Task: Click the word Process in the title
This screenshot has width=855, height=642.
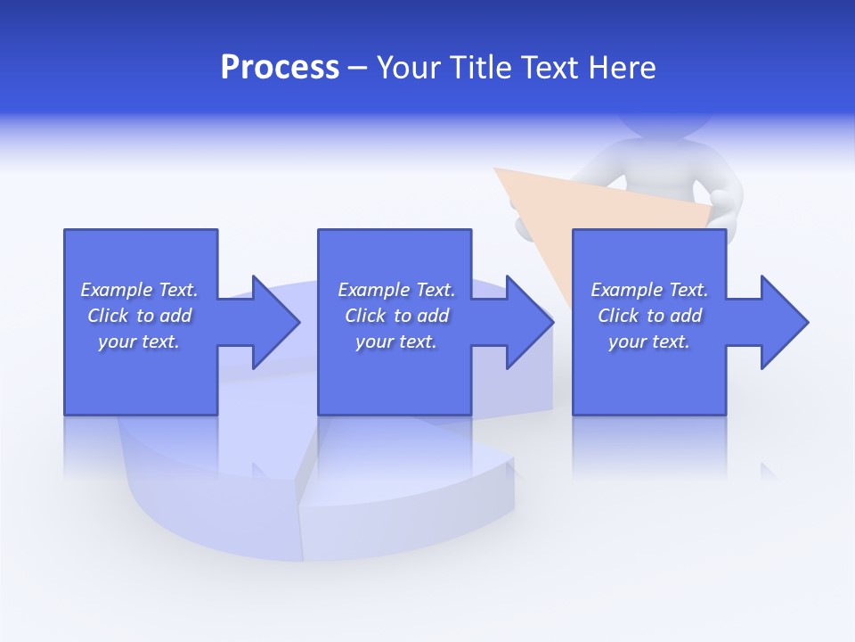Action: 280,68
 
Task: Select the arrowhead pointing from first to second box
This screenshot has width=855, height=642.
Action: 276,322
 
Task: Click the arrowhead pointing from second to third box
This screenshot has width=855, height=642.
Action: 530,322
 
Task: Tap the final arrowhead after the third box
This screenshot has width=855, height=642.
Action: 784,322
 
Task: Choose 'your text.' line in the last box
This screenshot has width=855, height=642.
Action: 648,342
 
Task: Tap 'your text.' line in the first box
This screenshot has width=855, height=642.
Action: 139,342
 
